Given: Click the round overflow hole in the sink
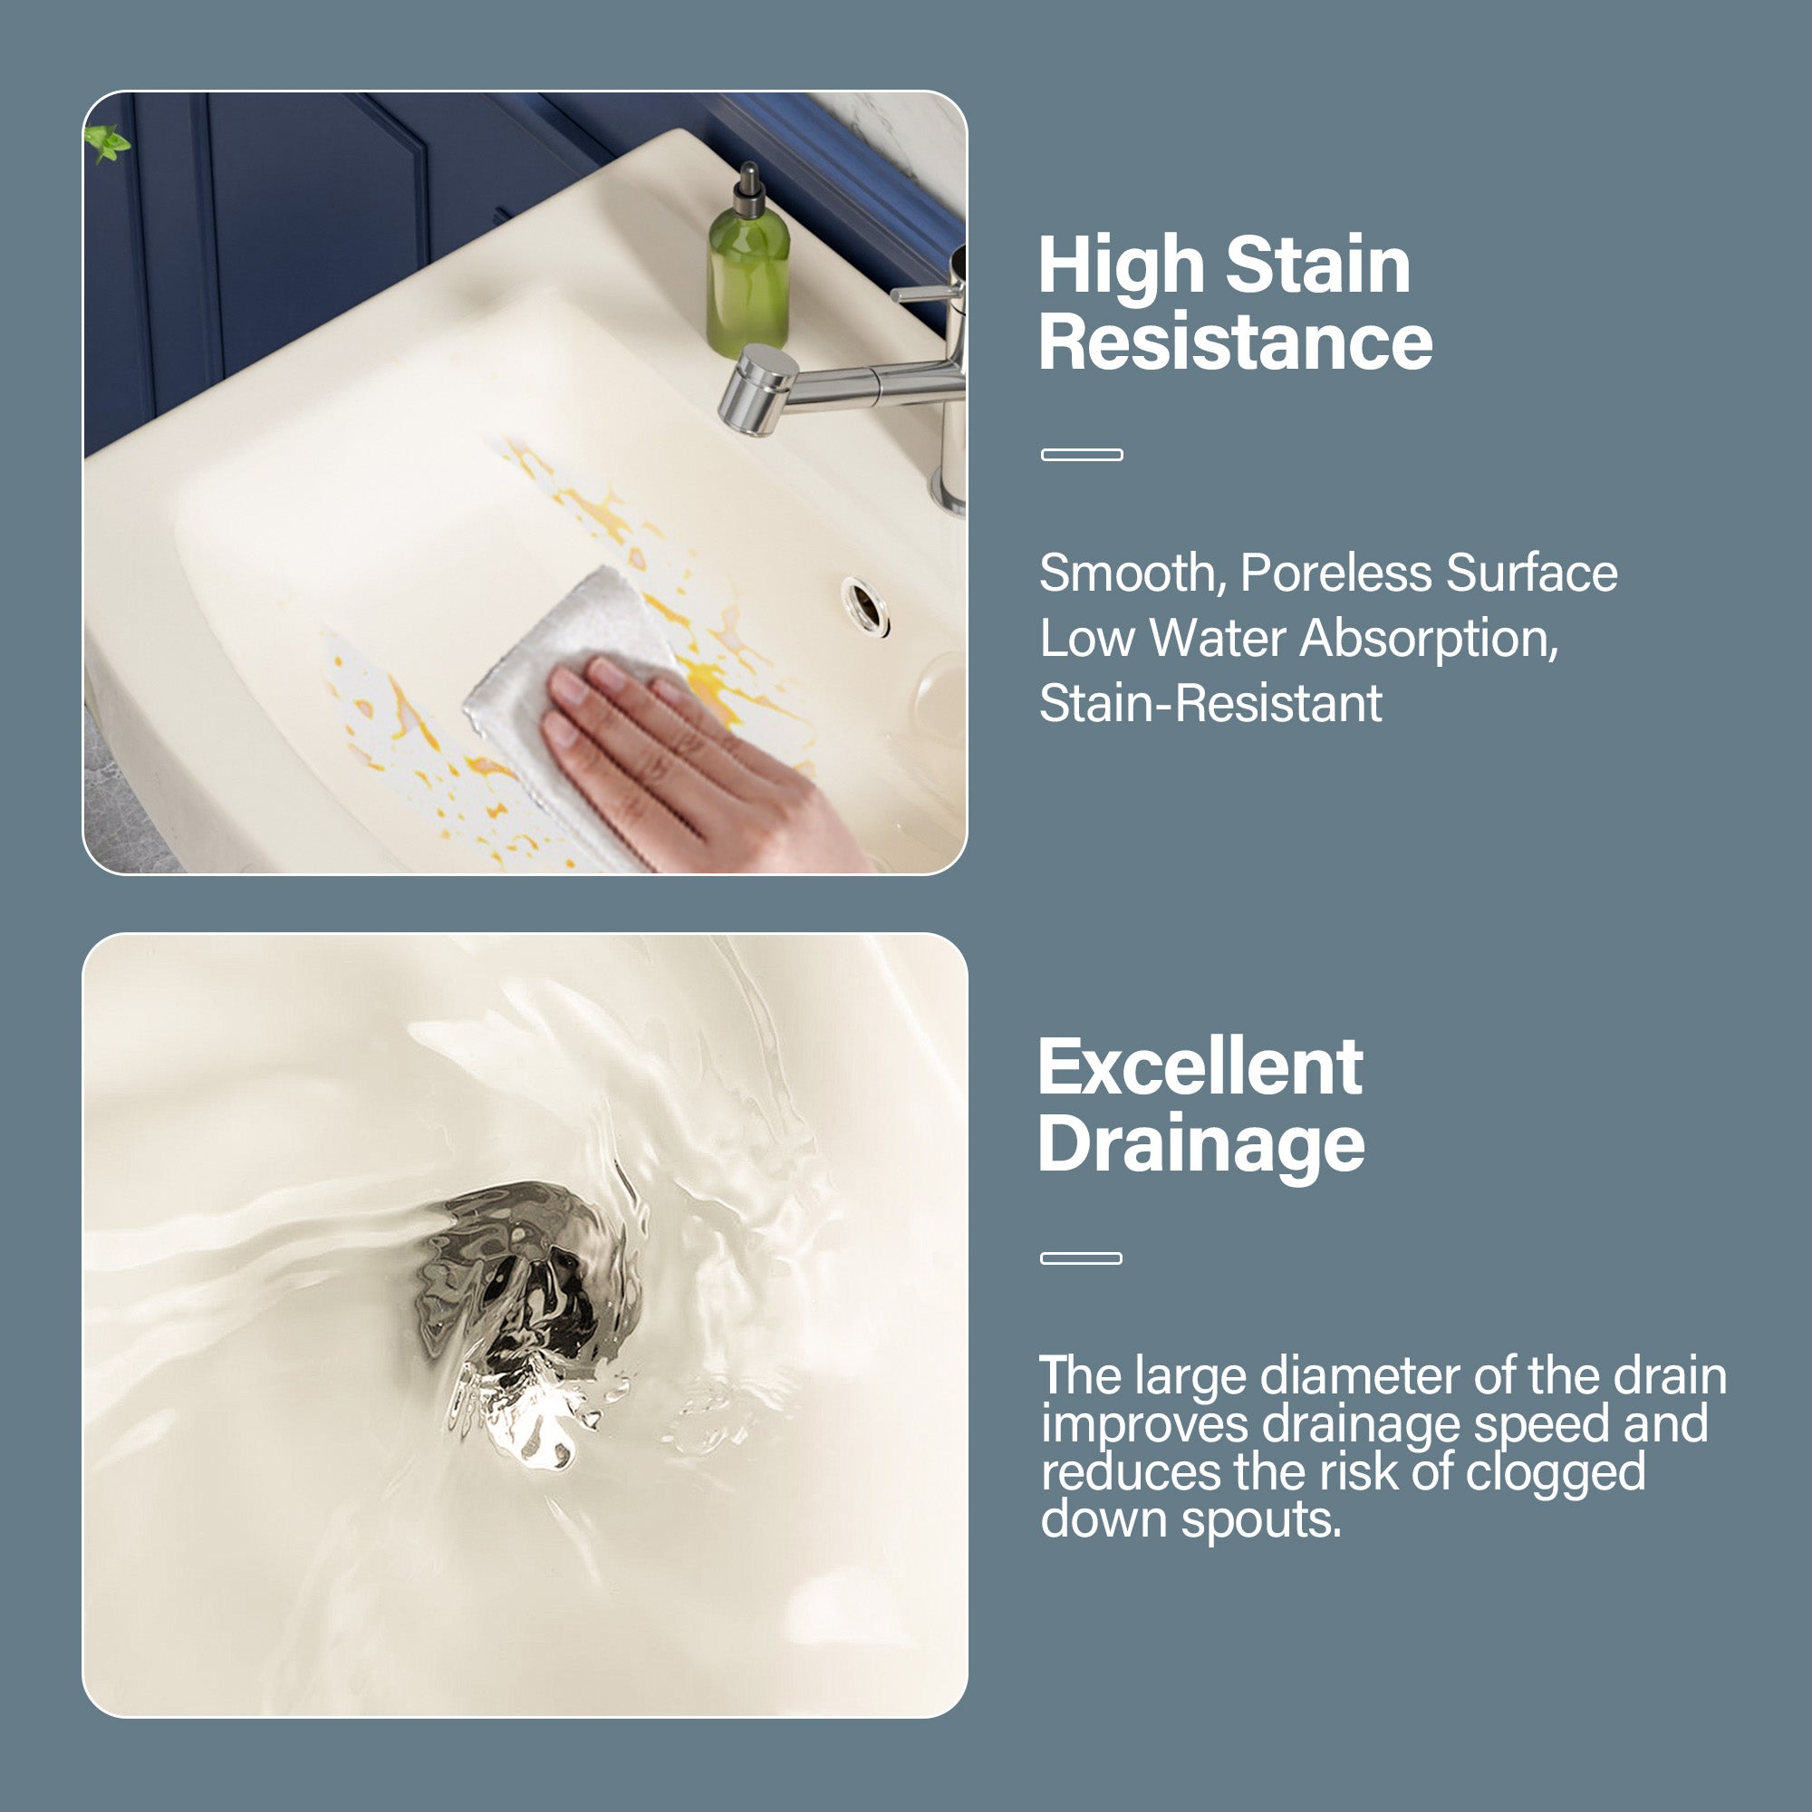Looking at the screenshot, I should pyautogui.click(x=864, y=605).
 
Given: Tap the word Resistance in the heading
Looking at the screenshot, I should pyautogui.click(x=1235, y=342).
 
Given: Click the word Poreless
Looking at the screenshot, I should pyautogui.click(x=1335, y=573).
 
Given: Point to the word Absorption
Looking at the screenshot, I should pyautogui.click(x=1428, y=639).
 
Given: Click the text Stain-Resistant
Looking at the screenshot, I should pyautogui.click(x=1210, y=703).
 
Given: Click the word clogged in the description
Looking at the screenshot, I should pyautogui.click(x=1555, y=1471).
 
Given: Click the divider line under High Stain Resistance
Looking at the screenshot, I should pyautogui.click(x=1082, y=455).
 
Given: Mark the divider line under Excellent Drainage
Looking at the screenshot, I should pyautogui.click(x=1081, y=1258).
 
